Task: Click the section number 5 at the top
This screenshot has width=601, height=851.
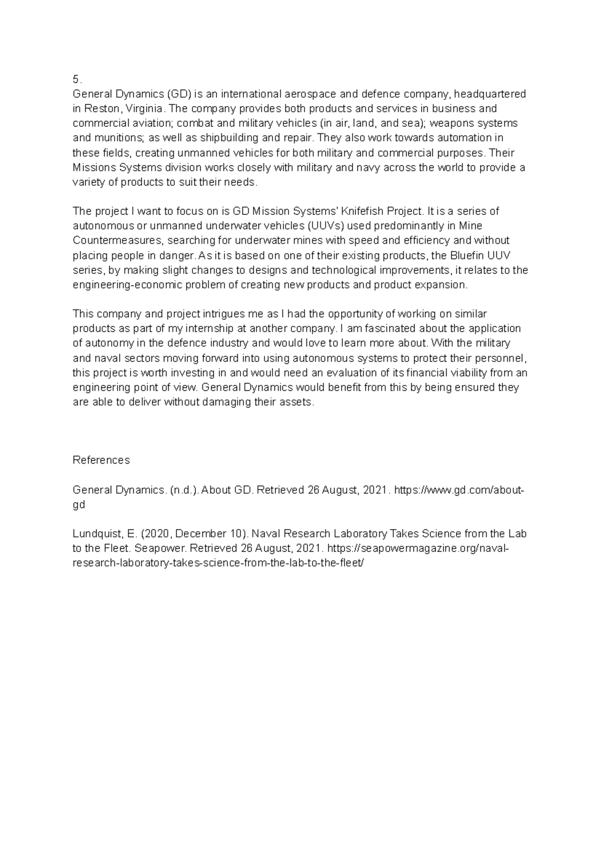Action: [75, 79]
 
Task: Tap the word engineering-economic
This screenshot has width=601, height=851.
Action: [128, 285]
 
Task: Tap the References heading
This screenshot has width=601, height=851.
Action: [101, 460]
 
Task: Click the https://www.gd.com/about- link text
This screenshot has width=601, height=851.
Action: [459, 490]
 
